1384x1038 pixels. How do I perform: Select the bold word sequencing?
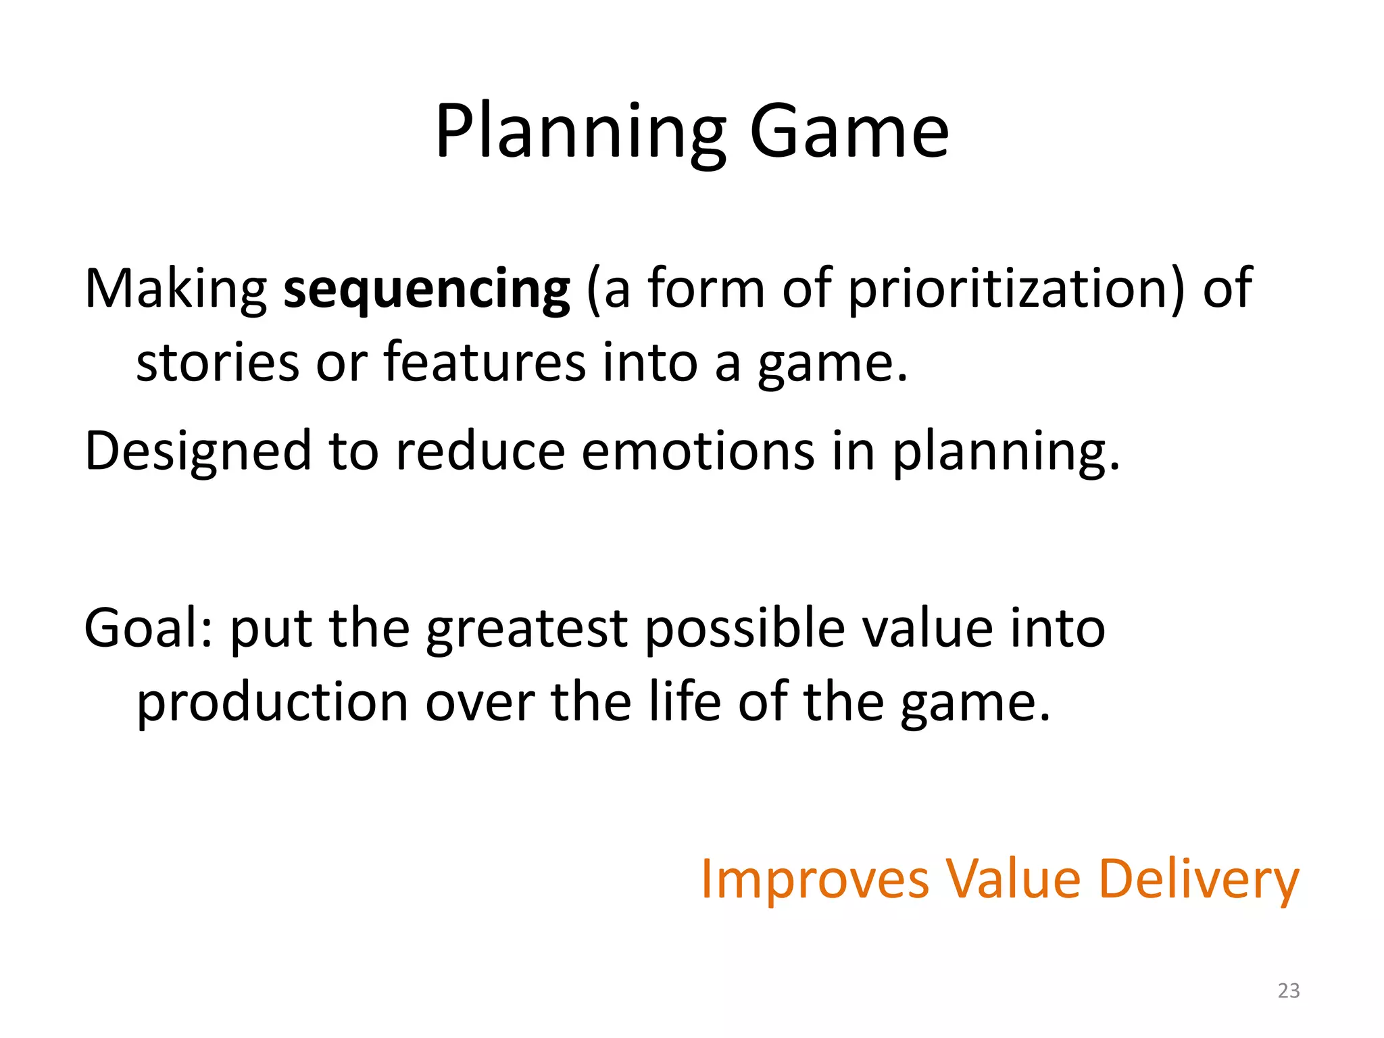pos(426,289)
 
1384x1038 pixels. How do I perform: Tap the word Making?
pos(176,289)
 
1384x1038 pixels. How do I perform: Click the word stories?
pos(218,363)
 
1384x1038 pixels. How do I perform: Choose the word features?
pos(485,363)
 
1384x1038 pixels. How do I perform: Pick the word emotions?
pos(697,451)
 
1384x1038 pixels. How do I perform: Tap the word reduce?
pos(480,451)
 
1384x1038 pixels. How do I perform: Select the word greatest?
pos(526,628)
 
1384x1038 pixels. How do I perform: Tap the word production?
pos(272,703)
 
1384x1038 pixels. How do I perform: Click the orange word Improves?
pos(814,879)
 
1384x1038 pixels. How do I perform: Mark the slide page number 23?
pos(1288,991)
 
